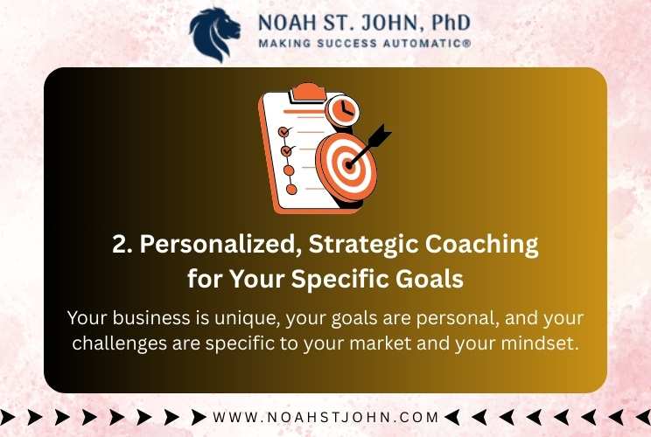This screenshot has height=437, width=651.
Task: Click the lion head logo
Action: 214,34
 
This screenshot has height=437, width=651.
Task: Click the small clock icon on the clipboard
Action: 342,110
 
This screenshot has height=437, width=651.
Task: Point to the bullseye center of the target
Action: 349,165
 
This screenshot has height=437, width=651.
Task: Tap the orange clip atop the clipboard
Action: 308,92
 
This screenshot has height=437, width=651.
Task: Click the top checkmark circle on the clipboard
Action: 284,132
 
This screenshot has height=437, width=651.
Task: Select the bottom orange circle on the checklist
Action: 292,190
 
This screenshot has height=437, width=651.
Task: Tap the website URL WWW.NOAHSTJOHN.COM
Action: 325,417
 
